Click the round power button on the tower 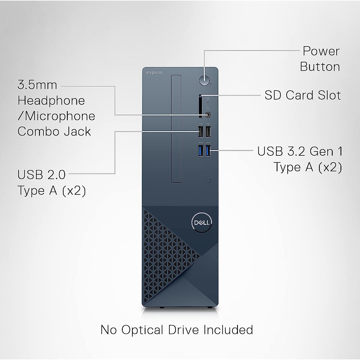tap(204, 79)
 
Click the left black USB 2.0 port tap(200, 131)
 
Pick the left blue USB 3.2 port tap(200, 150)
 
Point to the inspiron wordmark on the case tap(154, 72)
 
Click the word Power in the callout tap(321, 51)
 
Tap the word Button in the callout tap(320, 67)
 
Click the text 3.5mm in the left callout tap(37, 85)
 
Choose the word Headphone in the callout tap(51, 100)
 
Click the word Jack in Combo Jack tap(79, 131)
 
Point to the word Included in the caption tap(228, 330)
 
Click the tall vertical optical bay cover tap(176, 129)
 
